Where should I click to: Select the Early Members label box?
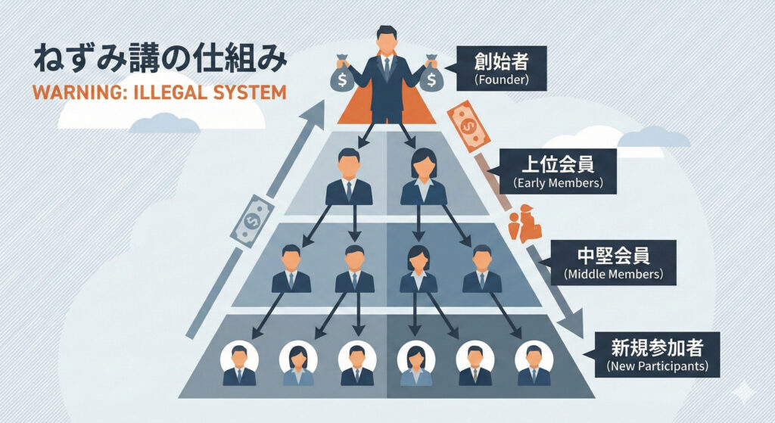(x=552, y=172)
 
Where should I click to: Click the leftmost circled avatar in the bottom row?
(x=239, y=364)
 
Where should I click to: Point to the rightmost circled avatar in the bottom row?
(x=533, y=364)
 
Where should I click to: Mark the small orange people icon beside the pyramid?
(x=526, y=223)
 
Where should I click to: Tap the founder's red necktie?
(x=386, y=68)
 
